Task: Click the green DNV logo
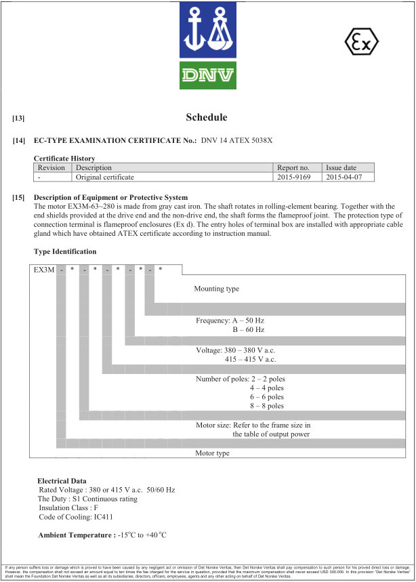[207, 75]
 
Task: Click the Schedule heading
[207, 117]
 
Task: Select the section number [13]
[19, 119]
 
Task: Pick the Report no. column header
[293, 167]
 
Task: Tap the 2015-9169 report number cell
[295, 177]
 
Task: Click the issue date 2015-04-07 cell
[344, 177]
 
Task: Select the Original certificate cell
[105, 177]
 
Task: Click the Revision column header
[51, 167]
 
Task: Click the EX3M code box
[45, 270]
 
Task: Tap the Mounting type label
[217, 289]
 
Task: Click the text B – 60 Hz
[248, 329]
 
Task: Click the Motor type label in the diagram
[213, 453]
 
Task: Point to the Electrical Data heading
[62, 480]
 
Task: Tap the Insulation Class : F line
[69, 508]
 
